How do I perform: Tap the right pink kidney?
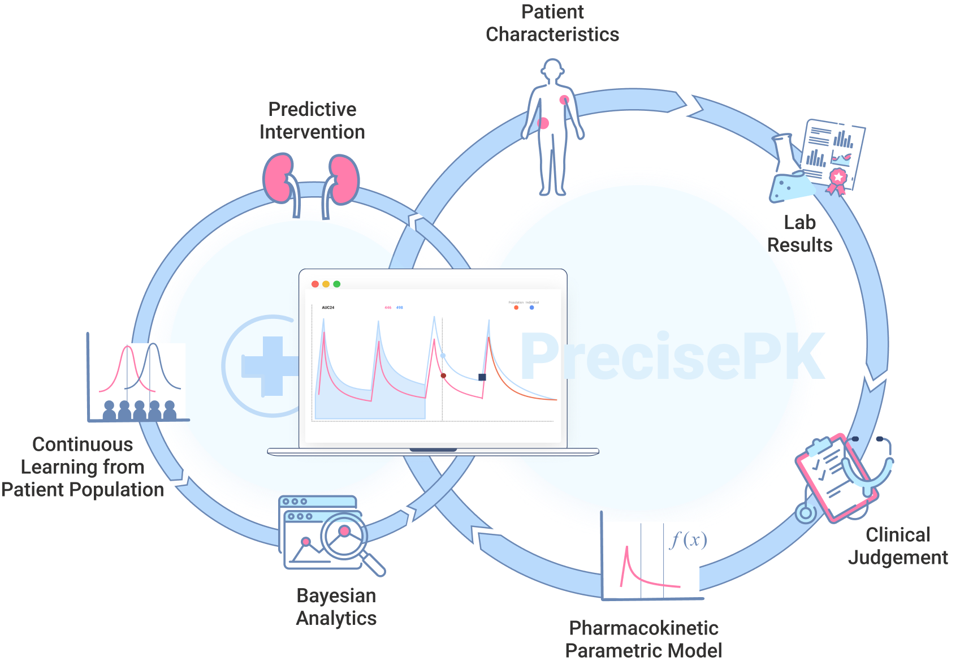click(x=344, y=179)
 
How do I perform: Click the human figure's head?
click(x=552, y=70)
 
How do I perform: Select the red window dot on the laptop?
click(x=315, y=284)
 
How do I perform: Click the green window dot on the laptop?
click(x=337, y=284)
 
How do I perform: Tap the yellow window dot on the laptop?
click(x=326, y=284)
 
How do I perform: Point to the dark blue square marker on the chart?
click(x=482, y=377)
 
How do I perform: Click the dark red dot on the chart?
click(x=443, y=375)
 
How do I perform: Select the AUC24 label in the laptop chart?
click(x=328, y=308)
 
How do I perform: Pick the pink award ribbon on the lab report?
click(x=837, y=180)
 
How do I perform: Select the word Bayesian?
click(x=336, y=595)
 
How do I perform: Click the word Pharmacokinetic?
click(x=643, y=628)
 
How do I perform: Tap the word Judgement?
click(x=898, y=558)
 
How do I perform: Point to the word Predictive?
click(x=312, y=109)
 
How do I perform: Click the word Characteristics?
click(x=552, y=34)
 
